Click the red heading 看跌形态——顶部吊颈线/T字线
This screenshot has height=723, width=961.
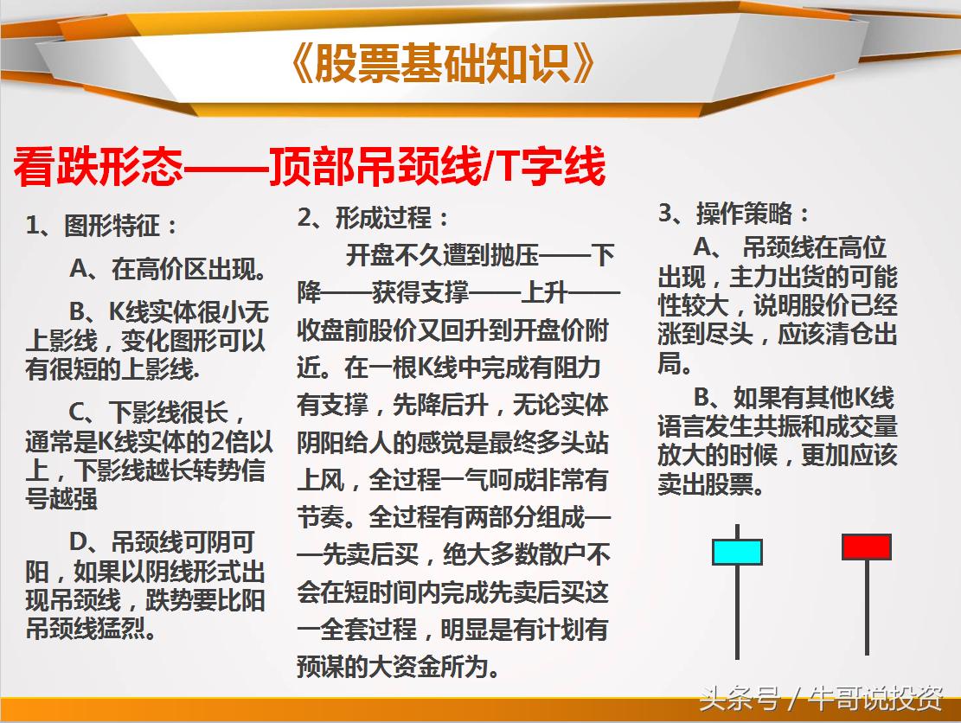point(308,168)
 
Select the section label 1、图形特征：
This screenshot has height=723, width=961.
point(102,227)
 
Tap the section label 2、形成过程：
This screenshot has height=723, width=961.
point(373,218)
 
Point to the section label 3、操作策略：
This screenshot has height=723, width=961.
point(734,214)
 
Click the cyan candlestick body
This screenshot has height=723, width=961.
point(737,552)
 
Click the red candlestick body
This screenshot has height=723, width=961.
point(866,547)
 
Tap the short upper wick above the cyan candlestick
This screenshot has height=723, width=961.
point(737,531)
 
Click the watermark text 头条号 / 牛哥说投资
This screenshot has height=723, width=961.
point(820,698)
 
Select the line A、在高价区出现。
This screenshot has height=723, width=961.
point(168,269)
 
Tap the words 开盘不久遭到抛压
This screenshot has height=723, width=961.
point(442,256)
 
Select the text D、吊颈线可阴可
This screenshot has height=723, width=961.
point(162,543)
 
